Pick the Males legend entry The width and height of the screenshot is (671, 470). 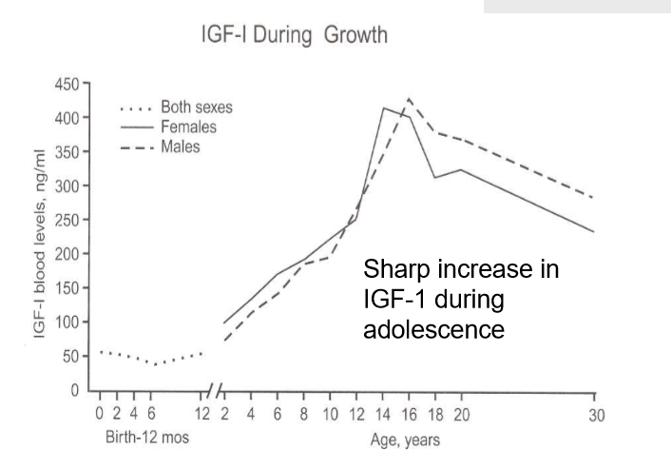click(180, 147)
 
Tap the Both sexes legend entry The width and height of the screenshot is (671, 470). click(196, 108)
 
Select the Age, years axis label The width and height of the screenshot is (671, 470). click(405, 441)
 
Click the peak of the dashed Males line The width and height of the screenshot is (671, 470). click(410, 98)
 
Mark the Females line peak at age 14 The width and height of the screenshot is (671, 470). click(383, 108)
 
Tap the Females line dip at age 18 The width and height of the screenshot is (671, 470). click(434, 177)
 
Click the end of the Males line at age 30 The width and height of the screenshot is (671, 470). click(593, 199)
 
